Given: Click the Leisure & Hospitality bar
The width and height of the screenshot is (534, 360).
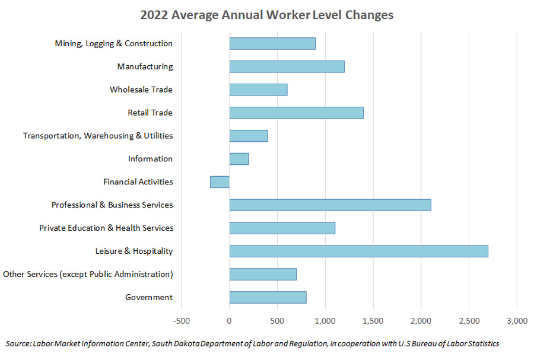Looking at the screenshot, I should (358, 251).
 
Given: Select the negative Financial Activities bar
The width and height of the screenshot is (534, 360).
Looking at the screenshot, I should (220, 182).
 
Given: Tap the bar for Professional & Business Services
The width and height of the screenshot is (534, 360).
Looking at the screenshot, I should (330, 205).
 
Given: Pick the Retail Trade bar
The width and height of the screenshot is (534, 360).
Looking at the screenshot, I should (296, 113).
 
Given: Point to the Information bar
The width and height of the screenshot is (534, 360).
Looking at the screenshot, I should (239, 159).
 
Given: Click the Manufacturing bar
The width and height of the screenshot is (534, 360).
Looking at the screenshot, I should (287, 66).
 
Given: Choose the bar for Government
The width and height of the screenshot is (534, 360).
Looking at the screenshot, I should (268, 297).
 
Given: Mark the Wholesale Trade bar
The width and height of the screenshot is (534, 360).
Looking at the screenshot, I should (258, 90).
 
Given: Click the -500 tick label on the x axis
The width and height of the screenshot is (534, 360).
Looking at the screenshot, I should (181, 321).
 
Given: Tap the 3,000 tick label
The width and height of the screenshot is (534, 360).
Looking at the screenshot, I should (517, 321).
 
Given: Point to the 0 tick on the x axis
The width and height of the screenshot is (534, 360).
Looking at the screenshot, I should (229, 321).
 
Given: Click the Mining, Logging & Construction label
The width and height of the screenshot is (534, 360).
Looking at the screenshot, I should (113, 43).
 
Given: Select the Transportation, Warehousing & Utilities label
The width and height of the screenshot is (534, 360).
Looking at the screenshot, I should (98, 136).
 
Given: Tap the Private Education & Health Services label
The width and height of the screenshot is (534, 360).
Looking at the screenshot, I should (106, 228).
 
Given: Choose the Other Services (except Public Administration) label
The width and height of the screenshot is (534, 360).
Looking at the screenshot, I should (88, 274).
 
